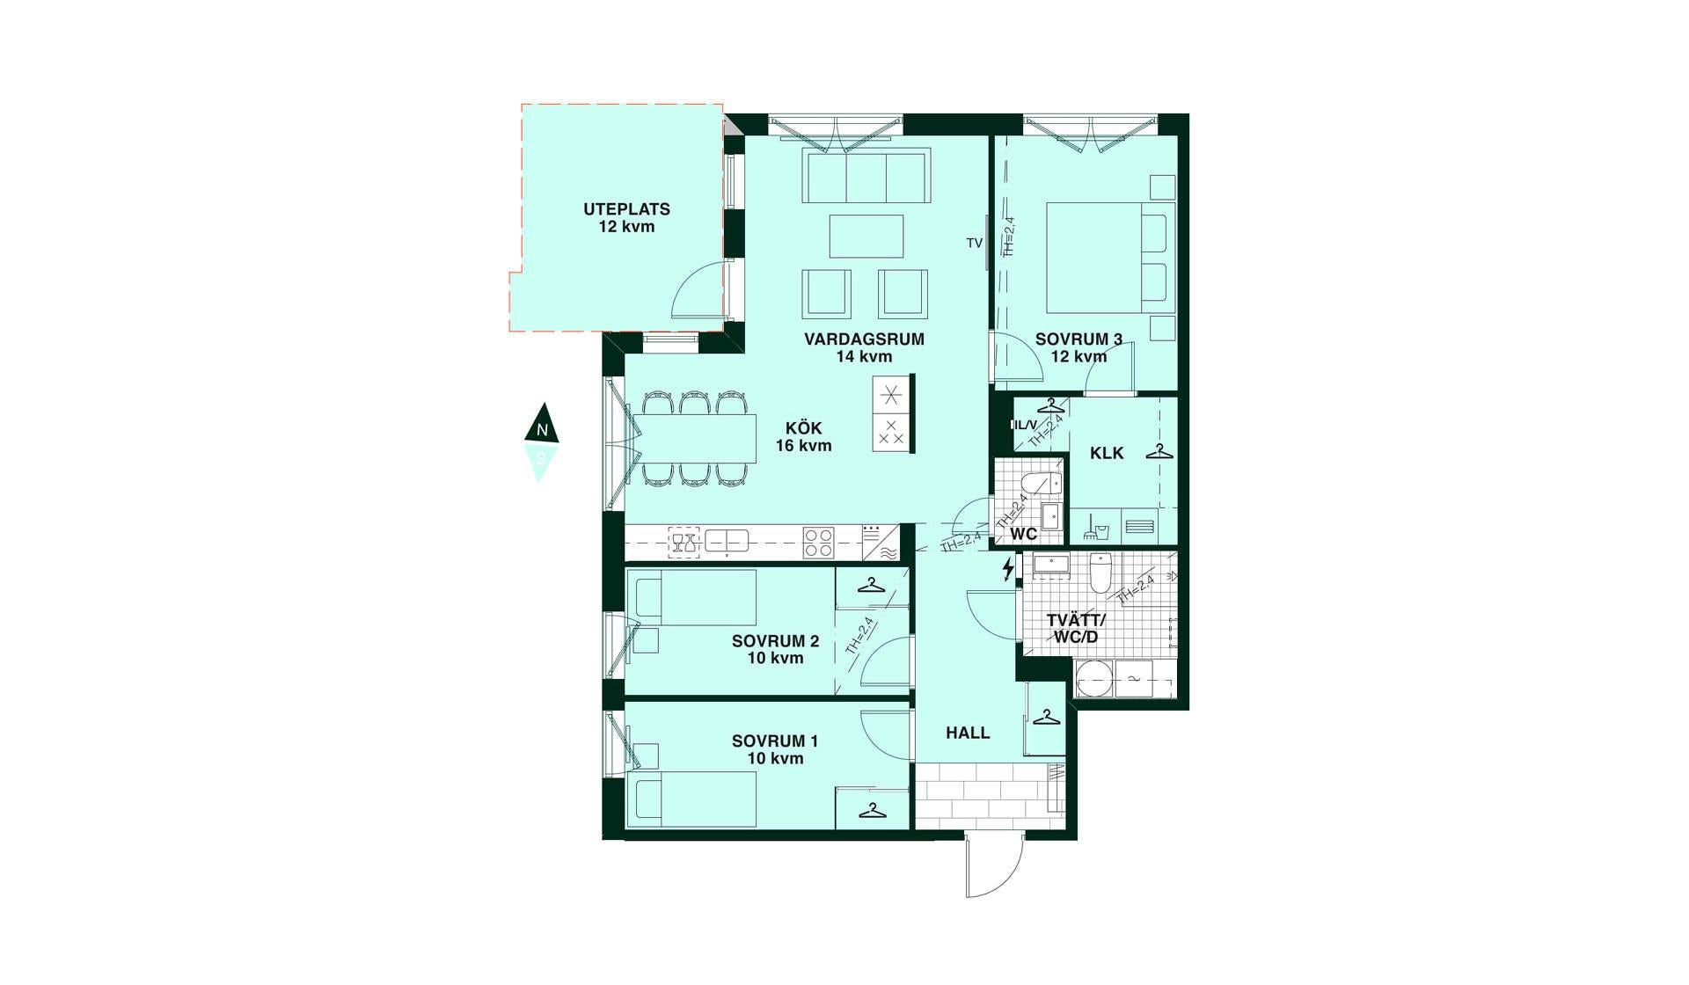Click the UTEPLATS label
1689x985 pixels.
(x=626, y=209)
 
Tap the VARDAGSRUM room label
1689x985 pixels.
(x=864, y=339)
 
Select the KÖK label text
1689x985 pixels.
(x=803, y=428)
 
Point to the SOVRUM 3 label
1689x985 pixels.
(x=1078, y=339)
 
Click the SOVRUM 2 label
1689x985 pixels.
(x=775, y=642)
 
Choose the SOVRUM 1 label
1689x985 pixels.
(x=775, y=741)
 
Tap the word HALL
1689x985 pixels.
(x=968, y=733)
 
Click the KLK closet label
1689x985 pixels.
(x=1107, y=454)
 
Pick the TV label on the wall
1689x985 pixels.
(x=974, y=243)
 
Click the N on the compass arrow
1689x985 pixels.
(x=543, y=430)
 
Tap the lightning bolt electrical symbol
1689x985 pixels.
(x=1008, y=569)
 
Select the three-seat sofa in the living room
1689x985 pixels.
(x=866, y=176)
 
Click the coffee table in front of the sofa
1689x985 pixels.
(x=866, y=237)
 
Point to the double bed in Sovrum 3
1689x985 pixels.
(x=1111, y=258)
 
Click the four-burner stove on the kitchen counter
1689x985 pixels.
(x=818, y=542)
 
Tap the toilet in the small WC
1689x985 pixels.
(x=1042, y=484)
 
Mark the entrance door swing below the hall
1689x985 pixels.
(x=994, y=865)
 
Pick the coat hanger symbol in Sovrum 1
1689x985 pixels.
(x=872, y=810)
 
